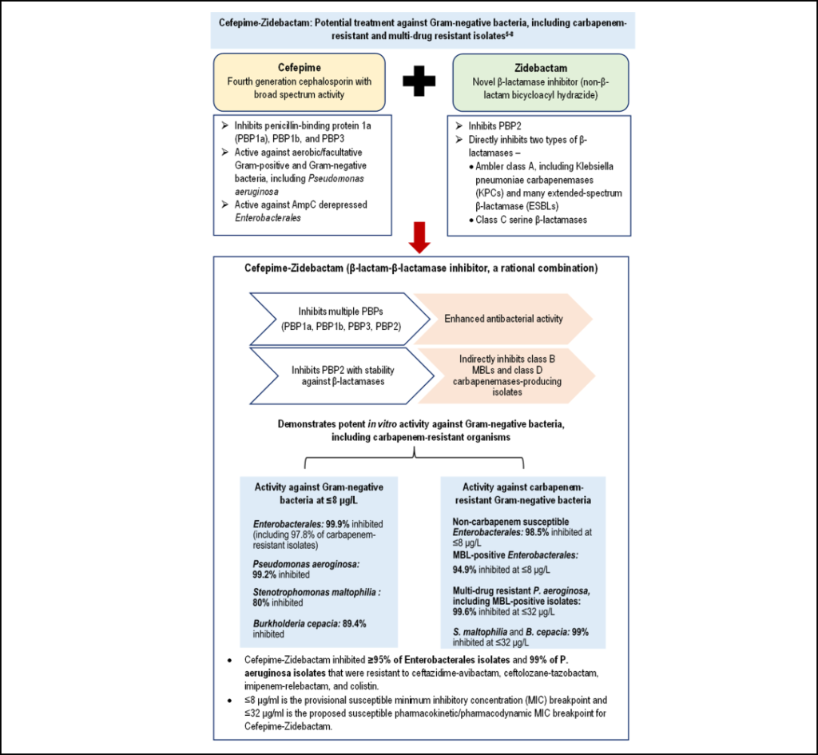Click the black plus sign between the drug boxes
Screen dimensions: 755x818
click(419, 83)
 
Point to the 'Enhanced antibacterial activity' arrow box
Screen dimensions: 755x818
click(503, 319)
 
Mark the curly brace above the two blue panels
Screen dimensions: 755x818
click(415, 459)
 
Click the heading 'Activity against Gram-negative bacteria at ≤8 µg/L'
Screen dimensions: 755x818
click(320, 494)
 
